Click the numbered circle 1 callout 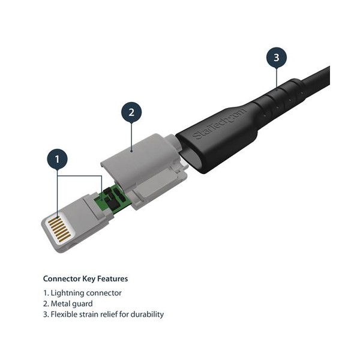[x=58, y=160]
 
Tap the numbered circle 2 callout [x=131, y=112]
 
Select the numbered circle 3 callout [x=277, y=58]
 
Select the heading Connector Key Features [x=85, y=279]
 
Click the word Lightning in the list [x=67, y=293]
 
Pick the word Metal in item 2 [x=59, y=304]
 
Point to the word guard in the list [x=82, y=304]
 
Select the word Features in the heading [x=113, y=279]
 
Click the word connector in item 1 [x=104, y=293]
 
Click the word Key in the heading [x=89, y=279]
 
